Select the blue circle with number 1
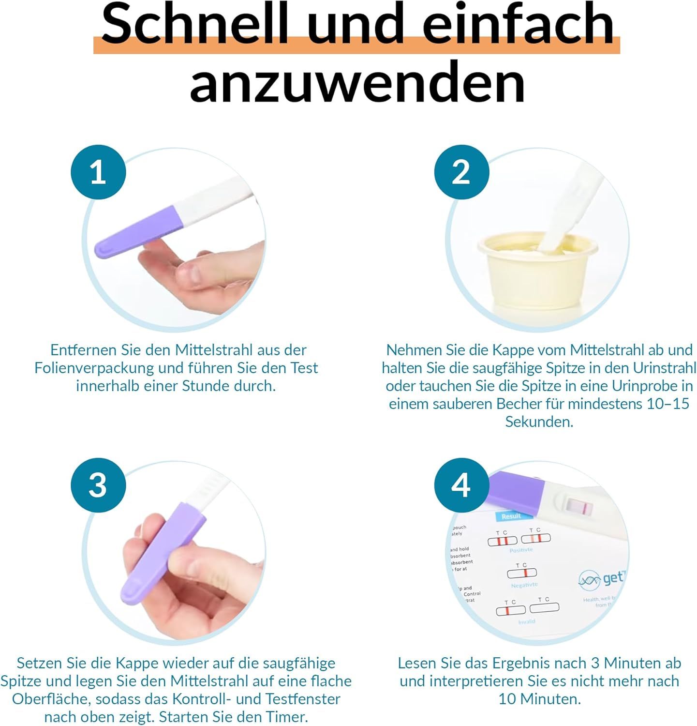tap(98, 172)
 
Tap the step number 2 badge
tap(461, 172)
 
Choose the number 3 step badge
tap(98, 485)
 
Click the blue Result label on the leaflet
tap(511, 516)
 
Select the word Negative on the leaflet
tap(524, 585)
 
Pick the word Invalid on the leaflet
tap(526, 621)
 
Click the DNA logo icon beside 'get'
tap(589, 579)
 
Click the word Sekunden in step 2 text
tap(539, 422)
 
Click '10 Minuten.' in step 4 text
tap(539, 699)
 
